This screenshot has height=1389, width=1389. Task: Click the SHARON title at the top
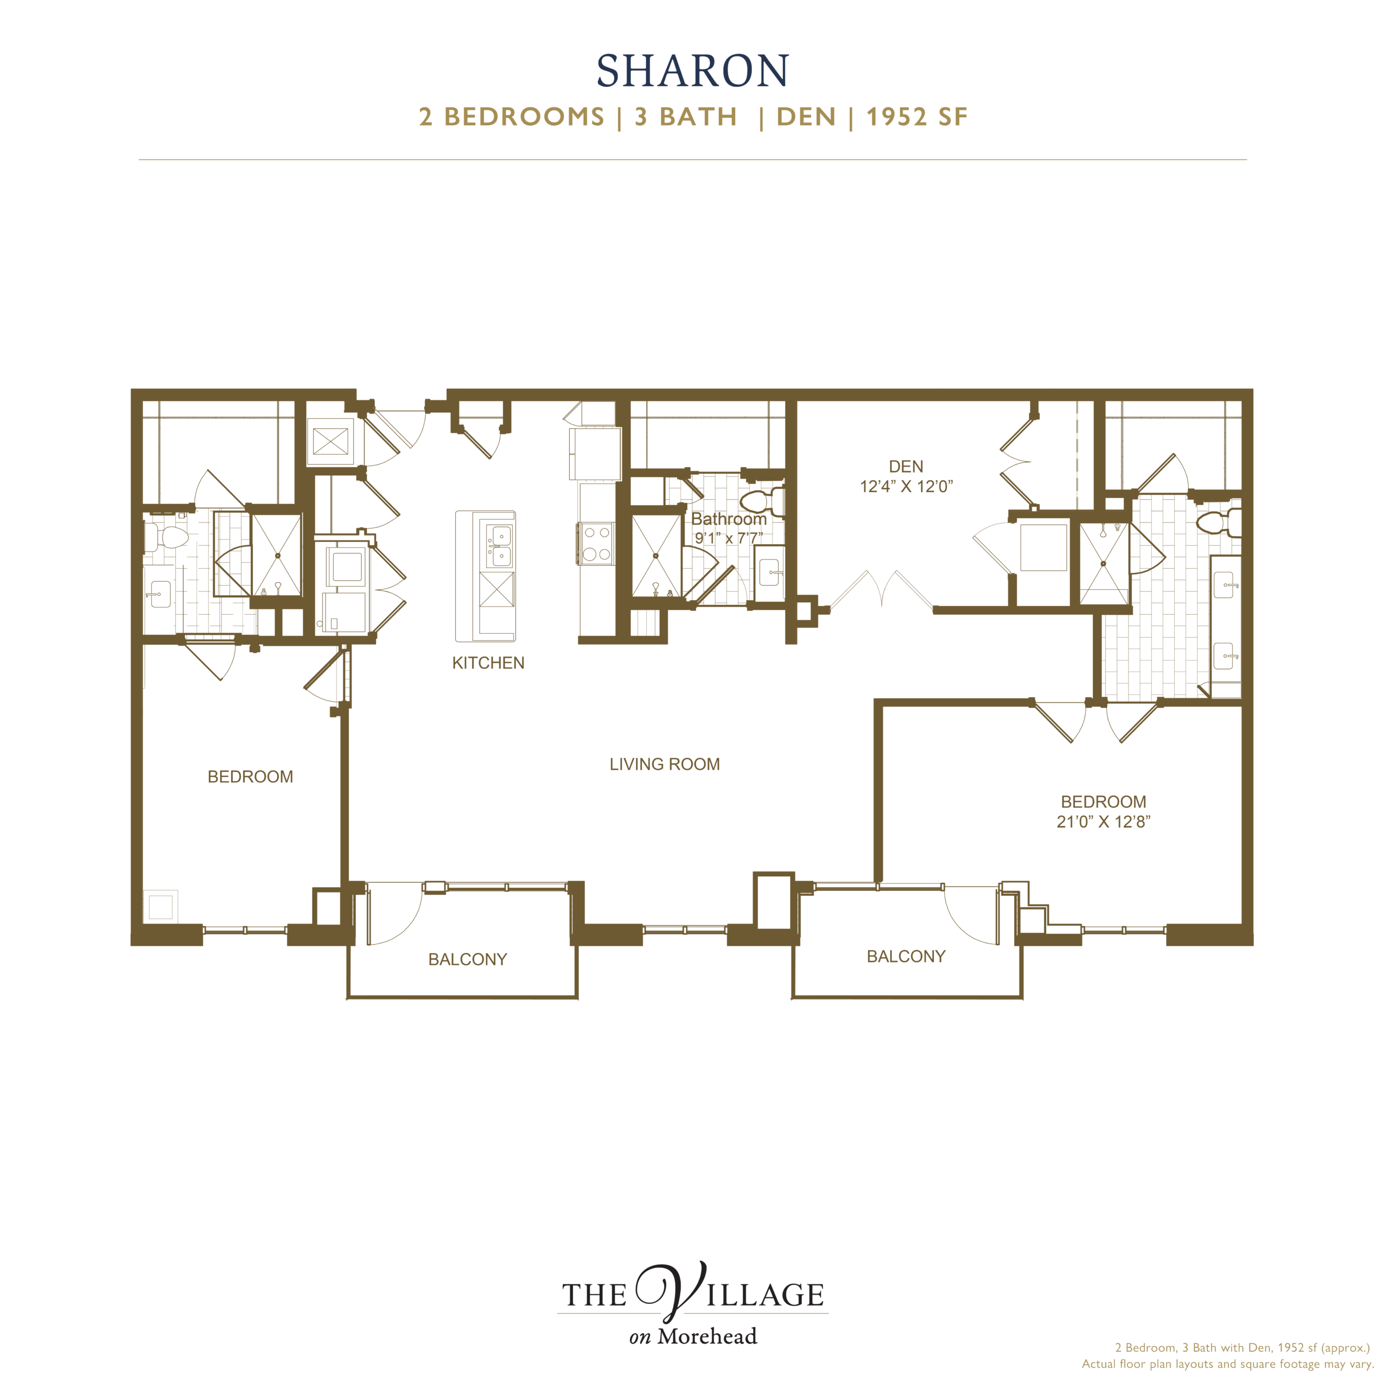[x=693, y=71]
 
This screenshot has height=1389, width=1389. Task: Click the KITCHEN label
[x=488, y=663]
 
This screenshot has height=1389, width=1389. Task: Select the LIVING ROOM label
[x=664, y=764]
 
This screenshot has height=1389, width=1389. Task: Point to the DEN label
[x=906, y=467]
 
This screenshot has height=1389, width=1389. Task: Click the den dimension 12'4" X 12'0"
[x=906, y=487]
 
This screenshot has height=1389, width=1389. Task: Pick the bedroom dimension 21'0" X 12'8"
[x=1104, y=822]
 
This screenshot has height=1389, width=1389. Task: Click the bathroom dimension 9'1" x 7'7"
[x=728, y=538]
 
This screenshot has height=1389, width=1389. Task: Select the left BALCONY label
[x=467, y=959]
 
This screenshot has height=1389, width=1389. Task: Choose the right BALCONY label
[x=906, y=956]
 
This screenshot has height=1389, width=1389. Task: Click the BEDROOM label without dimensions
[x=250, y=776]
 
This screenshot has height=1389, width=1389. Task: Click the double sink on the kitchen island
[x=500, y=546]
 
